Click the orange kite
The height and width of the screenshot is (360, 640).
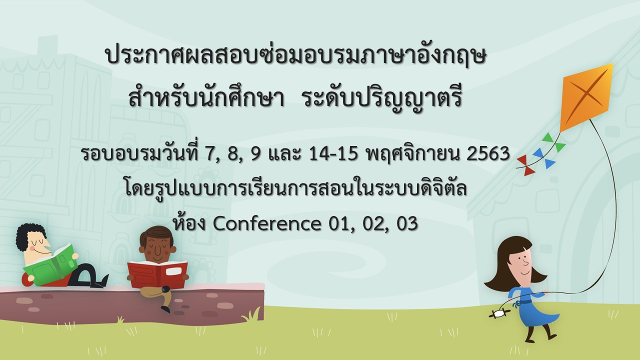585,97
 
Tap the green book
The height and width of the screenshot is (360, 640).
51,265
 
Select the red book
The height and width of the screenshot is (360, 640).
157,273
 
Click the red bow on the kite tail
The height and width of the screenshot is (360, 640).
525,165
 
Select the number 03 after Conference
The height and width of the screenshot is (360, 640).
407,224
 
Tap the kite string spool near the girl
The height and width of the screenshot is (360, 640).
499,313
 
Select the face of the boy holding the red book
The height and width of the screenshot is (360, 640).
156,248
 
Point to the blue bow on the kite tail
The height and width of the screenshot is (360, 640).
543,158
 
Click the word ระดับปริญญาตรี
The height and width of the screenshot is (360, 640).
383,99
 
